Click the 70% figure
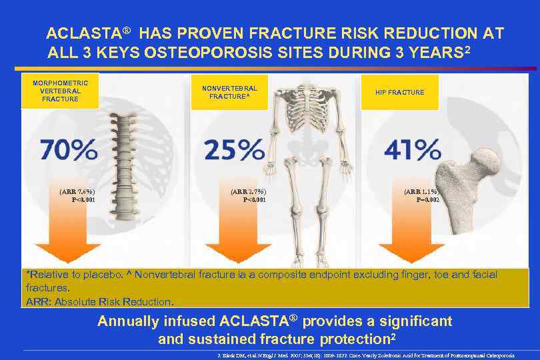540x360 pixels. (69, 150)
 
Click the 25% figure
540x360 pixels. (233, 150)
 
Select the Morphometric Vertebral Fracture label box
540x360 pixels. (60, 90)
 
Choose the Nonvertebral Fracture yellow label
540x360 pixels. (229, 92)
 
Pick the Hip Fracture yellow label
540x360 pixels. (400, 92)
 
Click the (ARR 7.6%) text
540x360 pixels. (77, 191)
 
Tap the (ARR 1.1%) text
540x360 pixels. (422, 191)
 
